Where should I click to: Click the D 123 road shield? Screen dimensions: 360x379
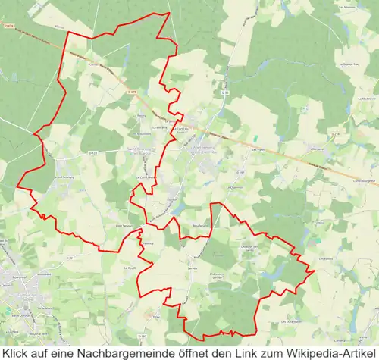92,153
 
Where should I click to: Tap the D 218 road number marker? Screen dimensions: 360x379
336,133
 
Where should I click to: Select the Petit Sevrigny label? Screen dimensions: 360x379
124,226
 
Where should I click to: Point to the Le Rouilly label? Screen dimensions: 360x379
130,268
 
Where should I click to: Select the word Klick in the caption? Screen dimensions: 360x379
17,352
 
